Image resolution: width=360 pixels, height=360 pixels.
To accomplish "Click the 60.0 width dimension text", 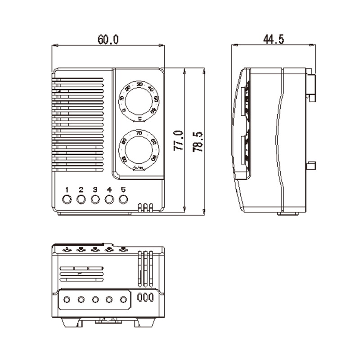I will tap(108, 40).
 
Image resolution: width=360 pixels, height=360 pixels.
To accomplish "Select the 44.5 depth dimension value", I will tap(273, 40).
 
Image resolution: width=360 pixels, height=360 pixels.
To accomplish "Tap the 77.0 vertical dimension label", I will tap(178, 140).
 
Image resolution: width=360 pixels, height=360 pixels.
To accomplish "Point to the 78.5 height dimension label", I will tap(198, 140).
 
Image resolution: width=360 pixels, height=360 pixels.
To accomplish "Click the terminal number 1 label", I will tap(67, 189).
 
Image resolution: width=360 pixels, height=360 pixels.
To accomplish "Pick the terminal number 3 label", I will tap(94, 189).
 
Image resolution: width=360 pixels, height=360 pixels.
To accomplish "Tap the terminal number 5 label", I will tap(123, 189).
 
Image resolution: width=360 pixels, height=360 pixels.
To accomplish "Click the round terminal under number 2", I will tap(81, 199).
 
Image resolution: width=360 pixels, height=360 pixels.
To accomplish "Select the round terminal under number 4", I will tap(109, 199).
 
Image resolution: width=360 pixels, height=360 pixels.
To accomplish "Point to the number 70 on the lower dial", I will tap(139, 134).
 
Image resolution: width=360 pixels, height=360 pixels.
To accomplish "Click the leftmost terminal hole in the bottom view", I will tap(67, 299).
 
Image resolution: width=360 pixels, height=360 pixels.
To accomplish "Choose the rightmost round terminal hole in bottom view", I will tap(123, 299).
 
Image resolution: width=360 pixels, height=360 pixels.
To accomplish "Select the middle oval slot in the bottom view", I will tap(146, 297).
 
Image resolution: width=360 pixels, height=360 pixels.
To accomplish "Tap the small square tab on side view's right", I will tap(310, 166).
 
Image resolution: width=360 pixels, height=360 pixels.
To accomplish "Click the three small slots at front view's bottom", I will tap(145, 207).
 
